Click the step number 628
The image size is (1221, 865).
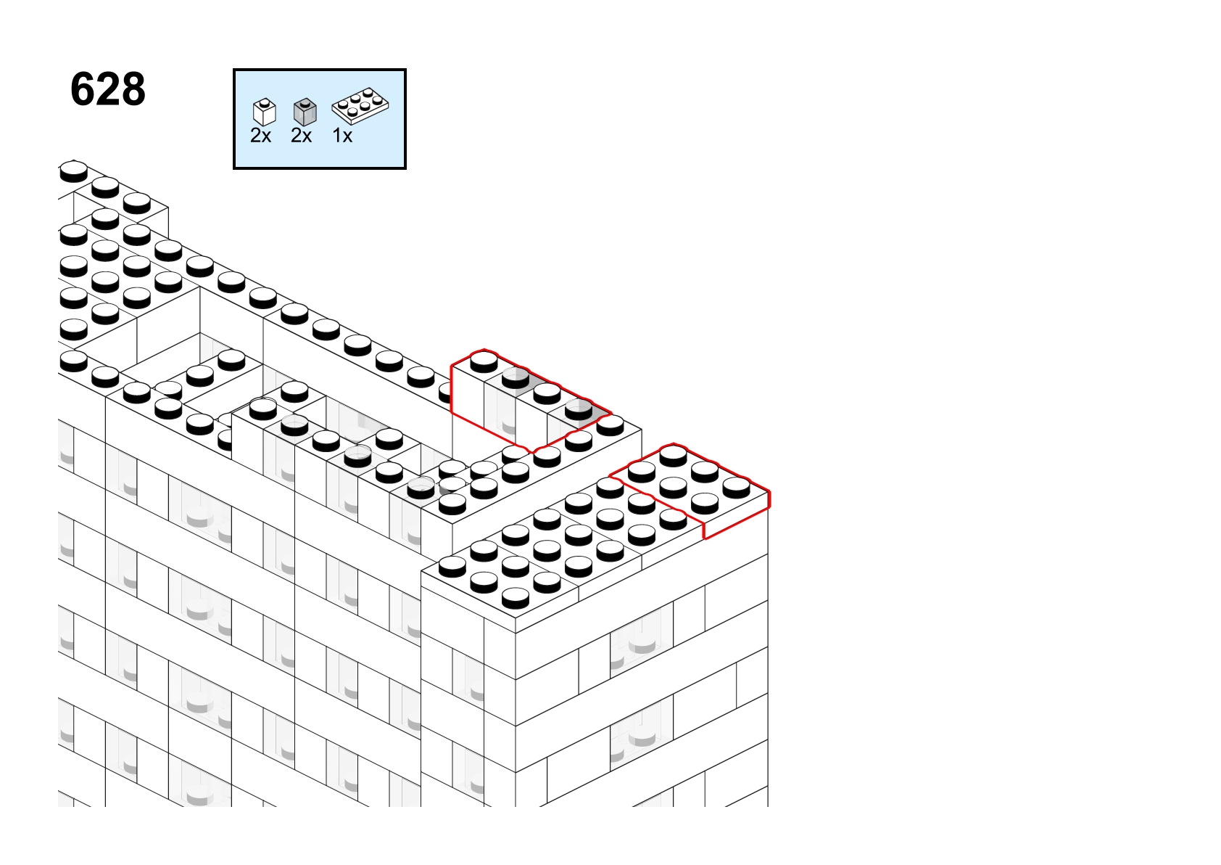click(108, 89)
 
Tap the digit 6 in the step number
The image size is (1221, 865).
click(83, 89)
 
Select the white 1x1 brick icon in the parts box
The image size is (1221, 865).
click(265, 112)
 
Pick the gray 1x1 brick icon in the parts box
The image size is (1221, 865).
click(305, 112)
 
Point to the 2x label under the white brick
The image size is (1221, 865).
click(260, 136)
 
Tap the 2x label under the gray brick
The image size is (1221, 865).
click(302, 136)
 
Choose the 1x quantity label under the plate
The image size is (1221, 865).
click(342, 136)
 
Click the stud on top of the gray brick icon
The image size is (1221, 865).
click(305, 102)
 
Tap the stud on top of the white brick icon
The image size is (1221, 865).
click(265, 102)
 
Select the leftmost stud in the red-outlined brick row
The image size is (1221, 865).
click(484, 362)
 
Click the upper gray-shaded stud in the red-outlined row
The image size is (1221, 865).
click(516, 377)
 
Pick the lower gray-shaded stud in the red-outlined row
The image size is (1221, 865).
click(579, 409)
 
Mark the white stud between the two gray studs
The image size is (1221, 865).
click(547, 393)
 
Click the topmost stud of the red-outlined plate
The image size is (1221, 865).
click(673, 456)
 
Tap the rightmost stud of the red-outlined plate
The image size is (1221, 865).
click(737, 488)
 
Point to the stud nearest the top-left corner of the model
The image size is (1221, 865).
click(73, 171)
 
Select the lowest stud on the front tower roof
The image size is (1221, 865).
click(515, 598)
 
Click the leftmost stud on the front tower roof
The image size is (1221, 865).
click(452, 567)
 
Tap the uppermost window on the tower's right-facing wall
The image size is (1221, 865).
click(642, 636)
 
